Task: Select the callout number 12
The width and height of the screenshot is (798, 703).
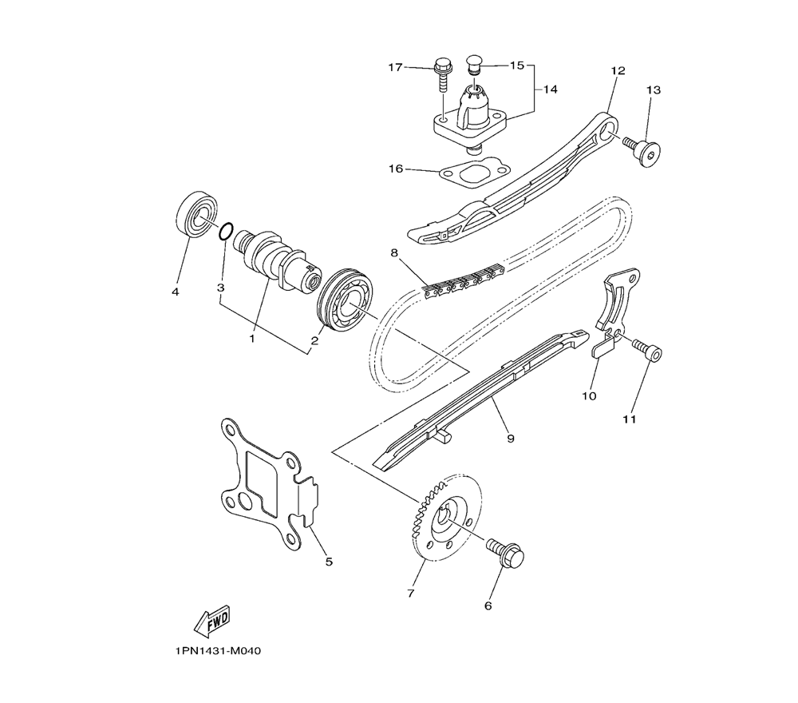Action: click(617, 70)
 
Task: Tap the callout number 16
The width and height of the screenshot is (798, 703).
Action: click(397, 169)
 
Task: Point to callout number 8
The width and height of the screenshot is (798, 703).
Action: click(393, 253)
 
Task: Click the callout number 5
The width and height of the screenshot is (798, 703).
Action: click(328, 562)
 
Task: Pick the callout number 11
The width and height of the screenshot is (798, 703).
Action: click(630, 419)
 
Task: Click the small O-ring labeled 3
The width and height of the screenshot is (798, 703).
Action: click(226, 232)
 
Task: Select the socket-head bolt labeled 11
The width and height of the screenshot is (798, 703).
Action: click(647, 351)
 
